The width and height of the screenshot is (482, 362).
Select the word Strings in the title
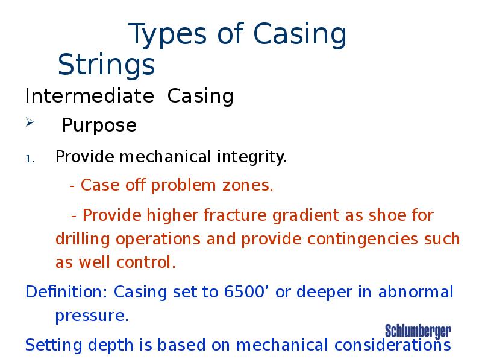pyautogui.click(x=106, y=64)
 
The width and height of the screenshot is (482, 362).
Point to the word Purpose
pyautogui.click(x=99, y=125)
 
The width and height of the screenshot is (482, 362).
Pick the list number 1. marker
pyautogui.click(x=31, y=159)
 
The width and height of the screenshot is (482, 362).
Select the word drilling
pyautogui.click(x=84, y=240)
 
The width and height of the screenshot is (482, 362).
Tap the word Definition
pyautogui.click(x=64, y=293)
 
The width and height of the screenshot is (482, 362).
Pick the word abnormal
pyautogui.click(x=416, y=293)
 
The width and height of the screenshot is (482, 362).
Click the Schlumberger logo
pyautogui.click(x=418, y=331)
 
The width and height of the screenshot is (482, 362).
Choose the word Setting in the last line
pyautogui.click(x=51, y=345)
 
